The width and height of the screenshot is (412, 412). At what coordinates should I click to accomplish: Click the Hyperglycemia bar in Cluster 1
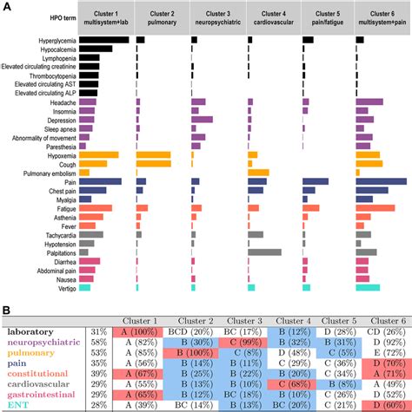[104, 41]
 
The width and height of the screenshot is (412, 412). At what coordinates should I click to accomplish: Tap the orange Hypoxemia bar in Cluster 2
[153, 154]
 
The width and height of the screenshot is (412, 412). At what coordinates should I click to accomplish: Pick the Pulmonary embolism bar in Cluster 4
[258, 173]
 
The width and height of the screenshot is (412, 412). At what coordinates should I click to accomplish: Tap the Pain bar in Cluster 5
[315, 181]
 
